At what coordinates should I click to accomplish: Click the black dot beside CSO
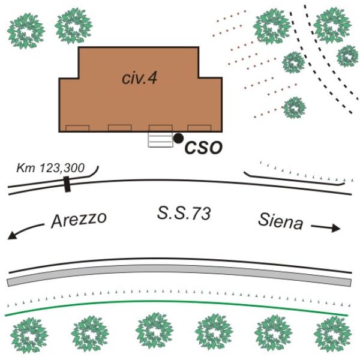coord(178,138)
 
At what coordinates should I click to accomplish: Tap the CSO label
coord(203,148)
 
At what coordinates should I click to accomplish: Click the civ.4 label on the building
coord(140,78)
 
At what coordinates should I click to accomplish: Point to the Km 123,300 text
coord(50,168)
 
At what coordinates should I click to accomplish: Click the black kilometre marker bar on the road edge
coord(67,184)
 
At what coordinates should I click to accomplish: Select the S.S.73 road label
coord(184,214)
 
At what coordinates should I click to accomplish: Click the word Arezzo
coord(79,220)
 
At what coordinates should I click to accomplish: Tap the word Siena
coord(280,221)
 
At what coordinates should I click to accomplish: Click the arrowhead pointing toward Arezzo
coord(12,236)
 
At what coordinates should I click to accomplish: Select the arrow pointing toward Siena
coord(326,228)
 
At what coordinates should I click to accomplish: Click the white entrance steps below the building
coord(160,140)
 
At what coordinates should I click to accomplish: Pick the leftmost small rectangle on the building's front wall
coord(77,128)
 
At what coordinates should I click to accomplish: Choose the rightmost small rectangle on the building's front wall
coord(199,128)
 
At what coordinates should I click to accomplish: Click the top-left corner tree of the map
coord(26,31)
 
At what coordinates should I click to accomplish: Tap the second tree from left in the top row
coord(73,26)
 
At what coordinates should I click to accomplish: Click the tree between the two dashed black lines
coord(293,62)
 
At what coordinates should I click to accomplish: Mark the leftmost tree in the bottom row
coord(29,335)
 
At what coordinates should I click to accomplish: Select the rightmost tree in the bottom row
coord(332,334)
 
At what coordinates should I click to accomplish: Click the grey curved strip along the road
coord(179,269)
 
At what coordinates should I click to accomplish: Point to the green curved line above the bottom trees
coord(177,301)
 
